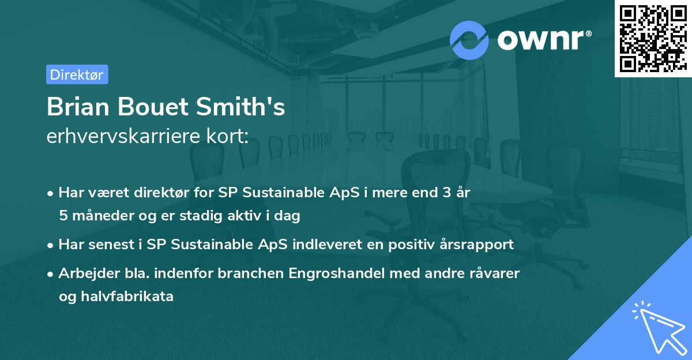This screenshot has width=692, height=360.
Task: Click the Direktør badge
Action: [77, 74]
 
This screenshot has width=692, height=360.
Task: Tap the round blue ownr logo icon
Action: [469, 40]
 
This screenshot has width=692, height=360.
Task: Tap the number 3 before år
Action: [446, 193]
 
